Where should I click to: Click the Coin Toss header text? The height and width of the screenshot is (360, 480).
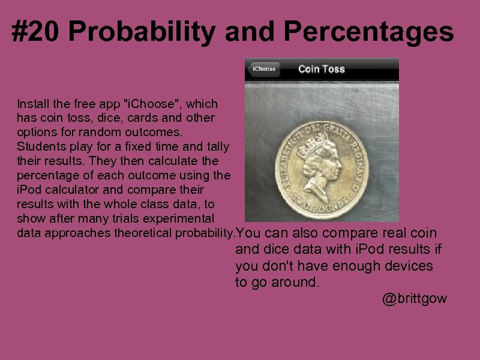(322, 69)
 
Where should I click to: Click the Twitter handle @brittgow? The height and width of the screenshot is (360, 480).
(415, 299)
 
